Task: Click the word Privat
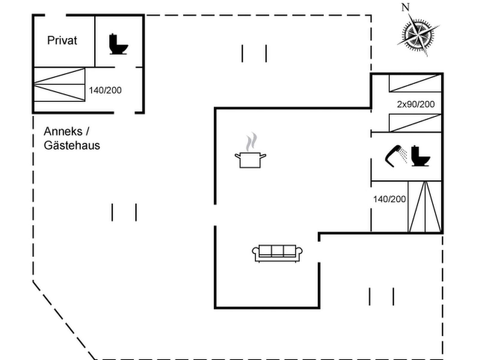point(62,40)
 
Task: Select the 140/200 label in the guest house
point(105,90)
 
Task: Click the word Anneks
point(63,131)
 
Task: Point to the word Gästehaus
point(72,145)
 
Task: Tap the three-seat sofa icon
point(277,253)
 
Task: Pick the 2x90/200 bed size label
point(416,104)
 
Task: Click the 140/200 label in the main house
point(389,199)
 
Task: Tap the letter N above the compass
point(405,7)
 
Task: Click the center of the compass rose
point(418,34)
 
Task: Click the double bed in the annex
point(59,85)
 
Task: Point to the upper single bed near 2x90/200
point(415,83)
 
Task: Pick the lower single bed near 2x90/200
point(415,123)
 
